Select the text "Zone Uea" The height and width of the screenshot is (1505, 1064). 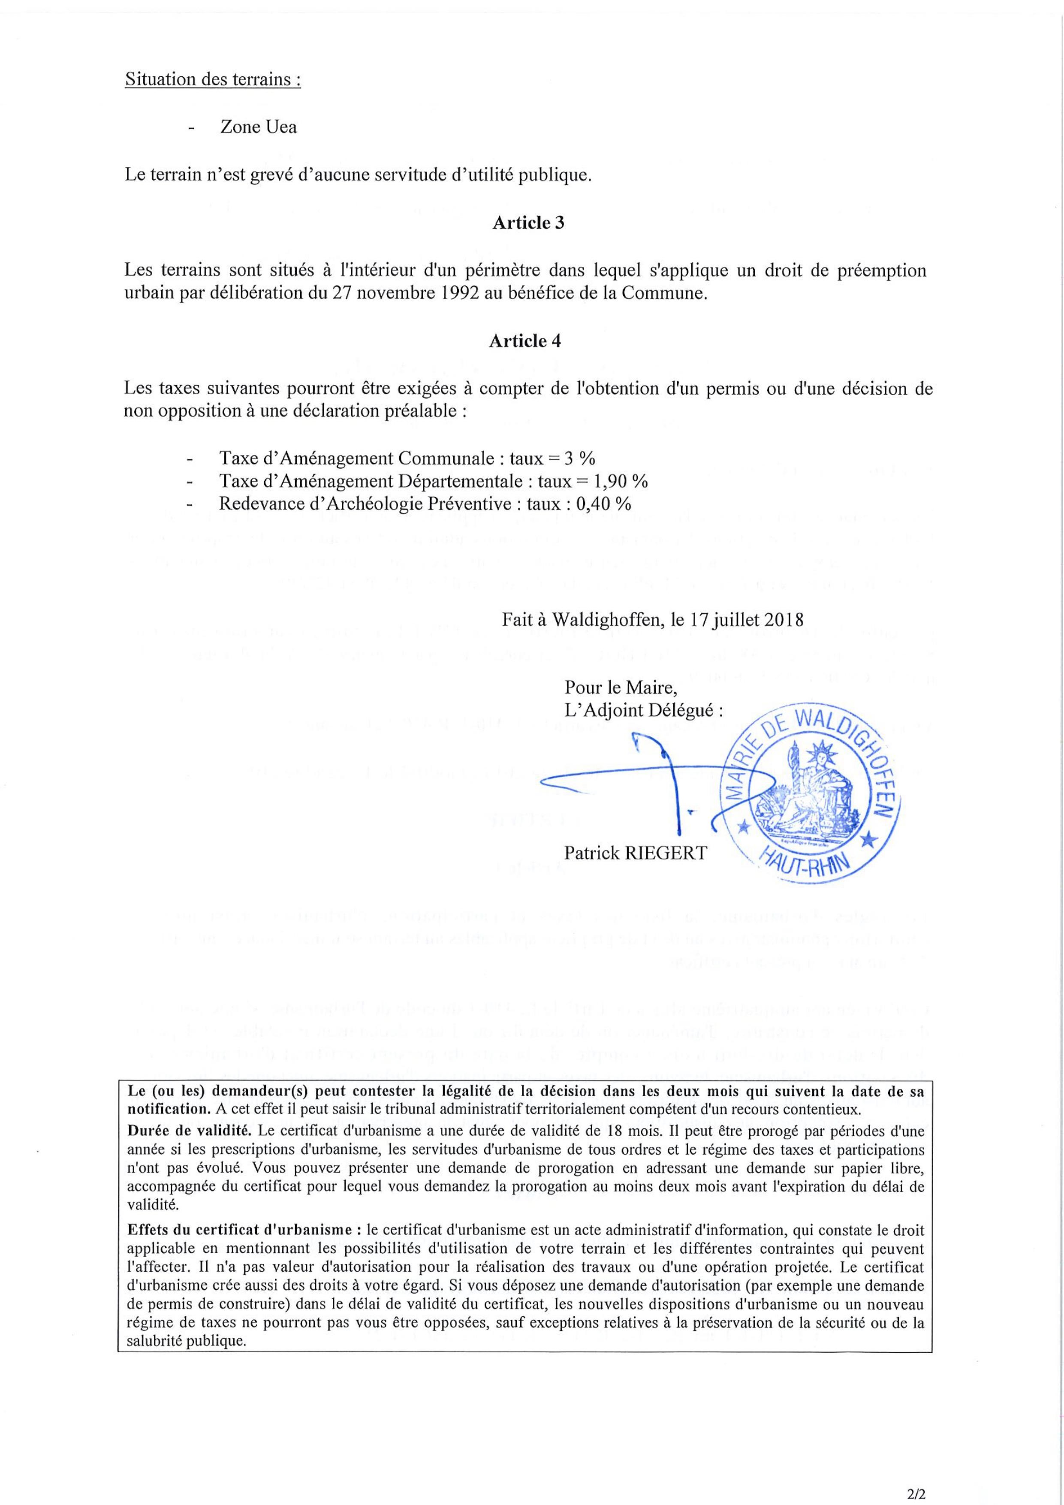pos(258,127)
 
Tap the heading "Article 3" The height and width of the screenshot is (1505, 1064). pos(528,223)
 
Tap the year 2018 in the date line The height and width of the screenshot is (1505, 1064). pos(785,619)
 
